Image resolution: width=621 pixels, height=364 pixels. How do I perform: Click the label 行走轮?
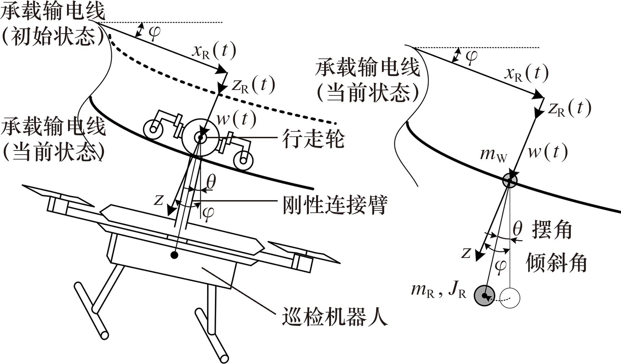pos(313,138)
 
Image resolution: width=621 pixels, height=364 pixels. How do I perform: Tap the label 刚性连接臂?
pos(335,205)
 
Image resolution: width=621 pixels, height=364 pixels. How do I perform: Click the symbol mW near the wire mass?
pos(493,155)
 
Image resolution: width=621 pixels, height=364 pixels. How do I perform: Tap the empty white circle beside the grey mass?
pos(510,298)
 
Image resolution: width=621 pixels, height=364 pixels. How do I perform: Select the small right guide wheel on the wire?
pos(243,160)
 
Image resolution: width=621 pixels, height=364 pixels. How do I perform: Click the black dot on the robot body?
pos(174,255)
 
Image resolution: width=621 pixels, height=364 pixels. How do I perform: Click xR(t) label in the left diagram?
pos(214,51)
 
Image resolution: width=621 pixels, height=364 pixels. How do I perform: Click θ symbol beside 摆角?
pos(518,229)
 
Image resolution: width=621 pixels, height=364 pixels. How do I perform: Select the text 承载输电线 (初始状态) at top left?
pos(53,24)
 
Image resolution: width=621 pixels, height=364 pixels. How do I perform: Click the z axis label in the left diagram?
pos(158,200)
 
